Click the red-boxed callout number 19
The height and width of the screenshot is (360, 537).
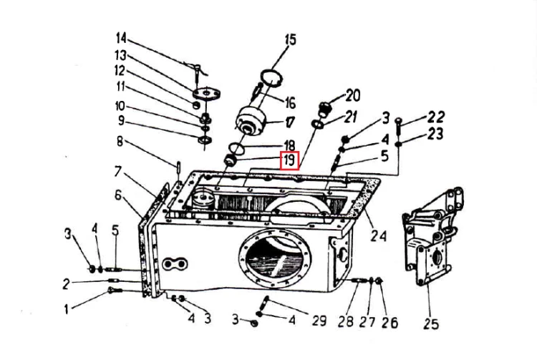point(290,160)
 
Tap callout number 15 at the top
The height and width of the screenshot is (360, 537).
point(290,39)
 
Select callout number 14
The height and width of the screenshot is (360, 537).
point(121,38)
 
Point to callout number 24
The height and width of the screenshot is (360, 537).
point(379,235)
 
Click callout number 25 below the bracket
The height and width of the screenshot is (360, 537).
point(430,323)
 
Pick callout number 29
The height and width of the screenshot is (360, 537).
point(319,321)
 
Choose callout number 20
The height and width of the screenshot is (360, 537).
point(352,95)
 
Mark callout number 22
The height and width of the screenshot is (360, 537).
point(436,117)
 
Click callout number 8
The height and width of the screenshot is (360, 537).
point(120,141)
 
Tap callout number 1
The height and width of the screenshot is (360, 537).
point(67,309)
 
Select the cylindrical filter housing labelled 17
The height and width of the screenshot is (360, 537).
point(252,121)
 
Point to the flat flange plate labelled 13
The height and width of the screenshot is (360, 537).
point(206,93)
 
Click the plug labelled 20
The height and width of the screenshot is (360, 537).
point(324,108)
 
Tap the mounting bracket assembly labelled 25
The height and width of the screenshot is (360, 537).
point(433,236)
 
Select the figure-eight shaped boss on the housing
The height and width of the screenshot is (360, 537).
point(175,264)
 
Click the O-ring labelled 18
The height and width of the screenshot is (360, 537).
point(236,148)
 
